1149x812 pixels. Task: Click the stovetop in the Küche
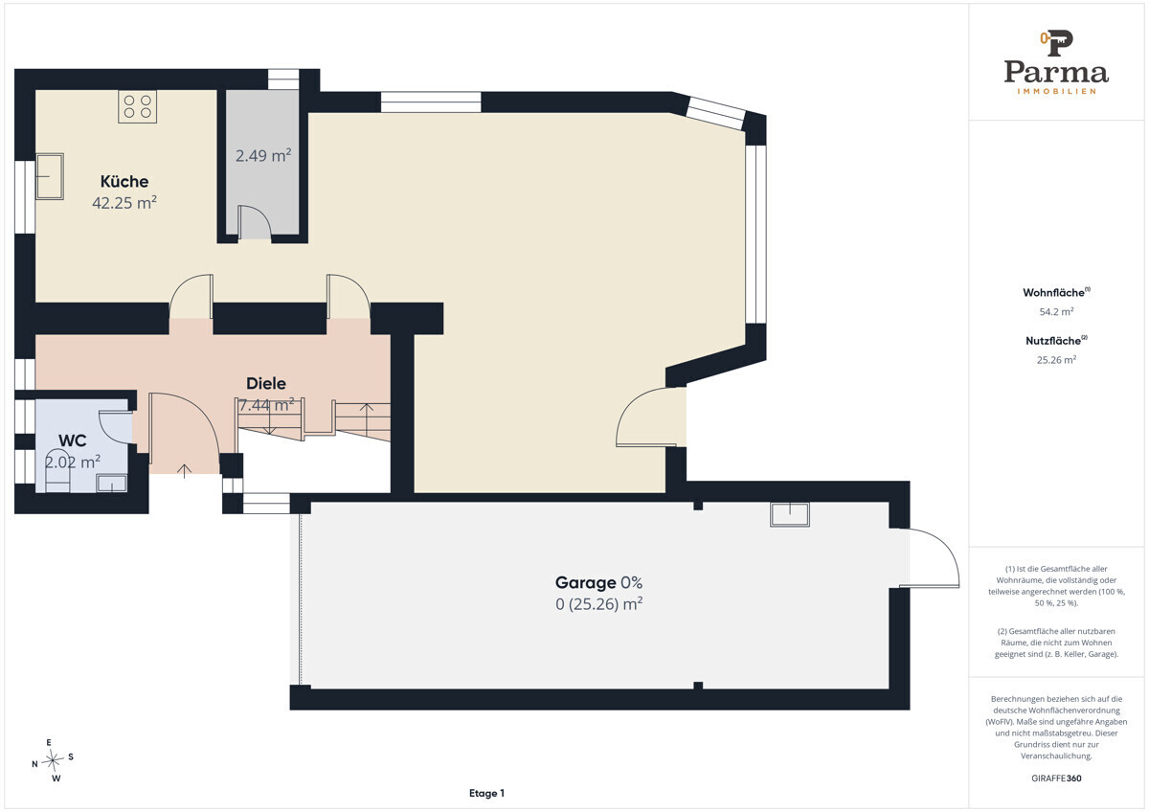[137, 106]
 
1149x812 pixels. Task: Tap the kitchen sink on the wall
[50, 176]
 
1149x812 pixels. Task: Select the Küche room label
[124, 181]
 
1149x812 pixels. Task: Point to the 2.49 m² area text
[263, 155]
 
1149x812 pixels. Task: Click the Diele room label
[266, 383]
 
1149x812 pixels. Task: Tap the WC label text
[73, 440]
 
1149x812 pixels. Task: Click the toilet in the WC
[57, 471]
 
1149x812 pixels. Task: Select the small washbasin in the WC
[112, 484]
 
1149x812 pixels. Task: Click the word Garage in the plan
[585, 583]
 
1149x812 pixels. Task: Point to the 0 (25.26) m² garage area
[598, 604]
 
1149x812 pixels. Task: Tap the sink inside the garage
[789, 514]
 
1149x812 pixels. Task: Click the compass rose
[53, 760]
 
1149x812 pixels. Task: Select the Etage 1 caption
[486, 793]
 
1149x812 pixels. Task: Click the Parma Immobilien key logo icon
[1056, 43]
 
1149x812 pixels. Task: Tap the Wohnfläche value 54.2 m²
[1056, 311]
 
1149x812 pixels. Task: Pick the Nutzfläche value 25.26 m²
[1056, 360]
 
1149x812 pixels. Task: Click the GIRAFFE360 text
[1056, 778]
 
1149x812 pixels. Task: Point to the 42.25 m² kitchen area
[124, 203]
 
